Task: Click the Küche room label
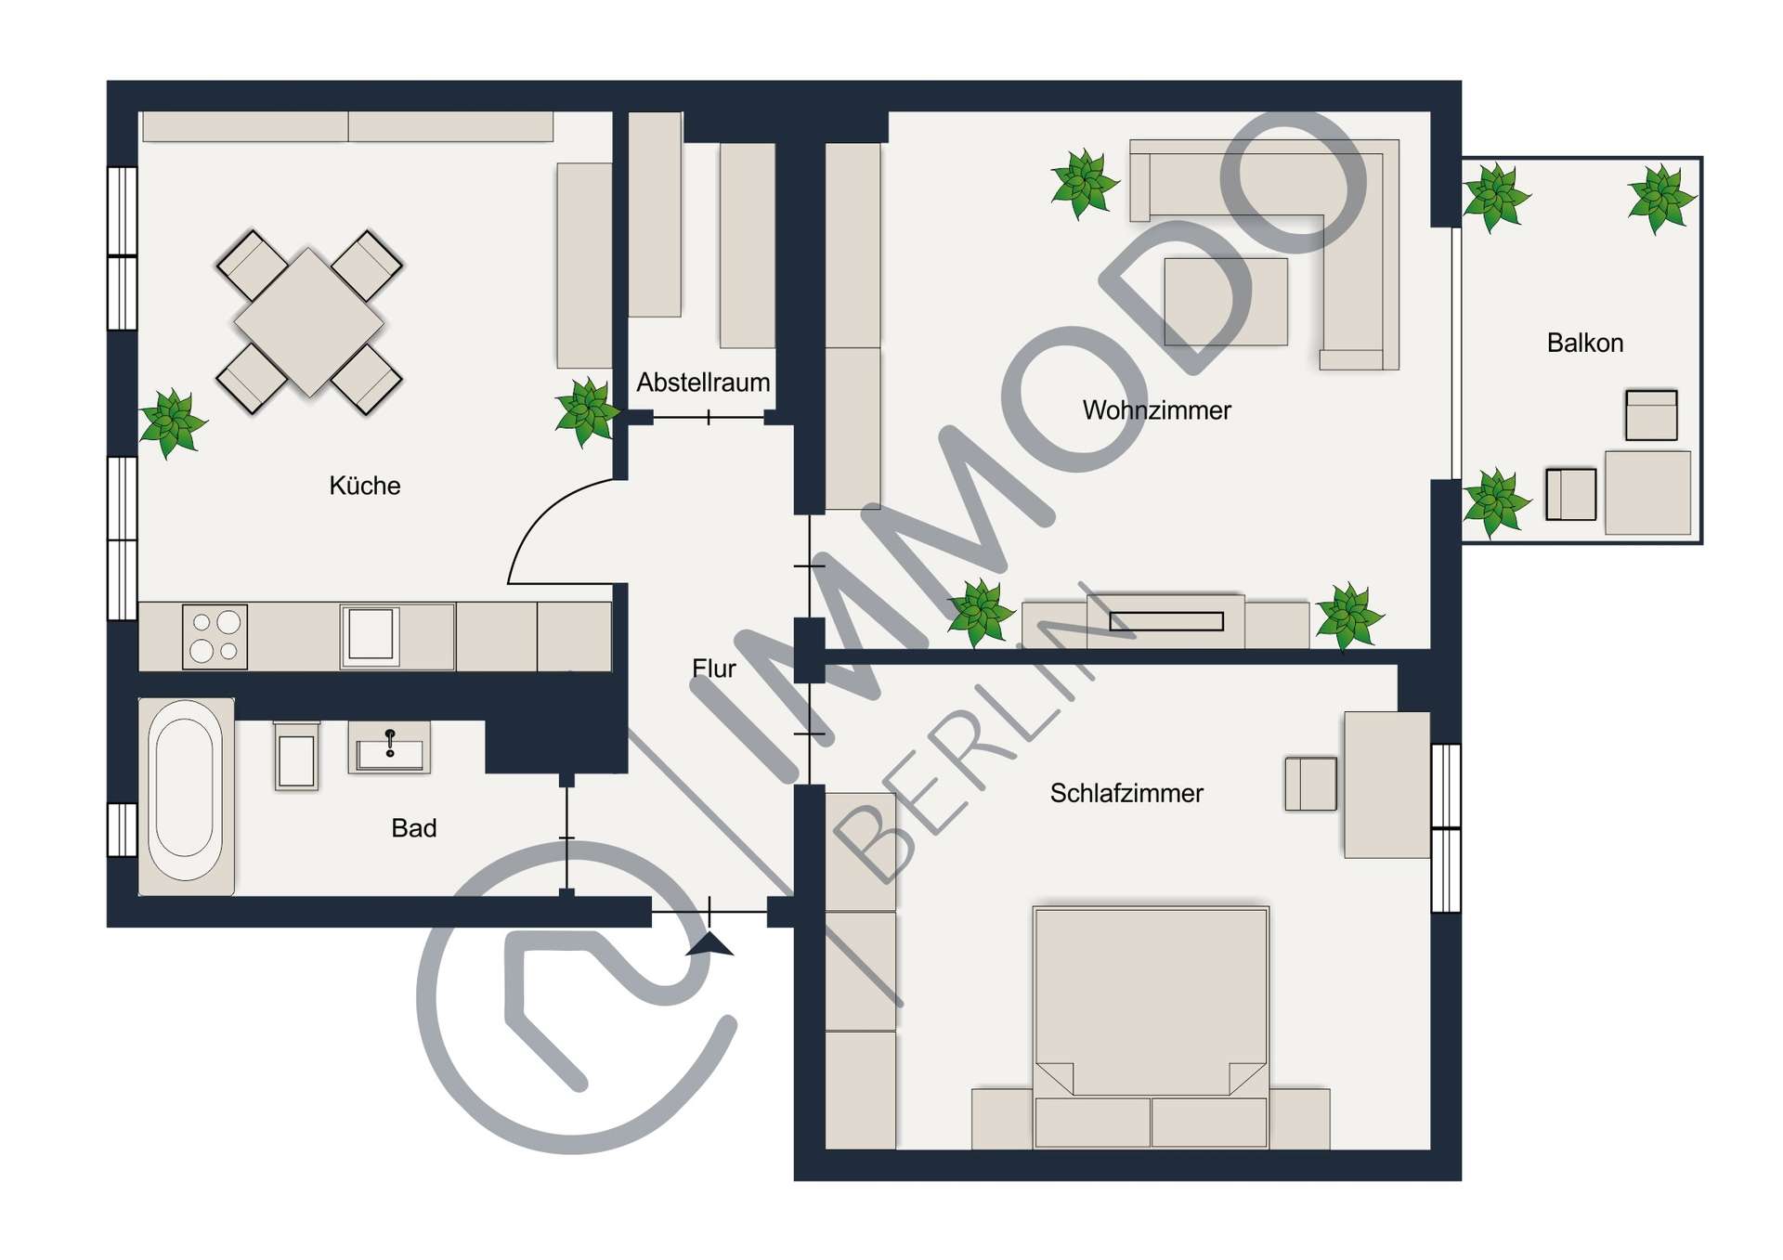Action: click(x=365, y=486)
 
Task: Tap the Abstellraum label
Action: click(x=703, y=382)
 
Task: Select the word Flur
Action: click(x=714, y=668)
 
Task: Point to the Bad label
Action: click(x=414, y=827)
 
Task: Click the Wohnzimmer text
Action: click(x=1157, y=409)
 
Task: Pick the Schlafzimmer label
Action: click(x=1126, y=793)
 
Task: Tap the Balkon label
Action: click(x=1585, y=343)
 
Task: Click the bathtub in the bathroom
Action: click(x=186, y=796)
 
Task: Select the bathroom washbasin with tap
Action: click(x=389, y=747)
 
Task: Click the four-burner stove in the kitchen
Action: click(x=215, y=636)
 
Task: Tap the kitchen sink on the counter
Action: click(x=371, y=635)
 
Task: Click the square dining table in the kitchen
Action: click(x=309, y=322)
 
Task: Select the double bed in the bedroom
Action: click(x=1151, y=1027)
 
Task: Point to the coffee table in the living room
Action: click(x=1226, y=302)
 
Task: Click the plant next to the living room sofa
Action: click(x=1084, y=184)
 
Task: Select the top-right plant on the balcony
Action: click(x=1661, y=199)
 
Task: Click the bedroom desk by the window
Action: click(x=1386, y=785)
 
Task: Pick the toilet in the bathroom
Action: click(x=297, y=756)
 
